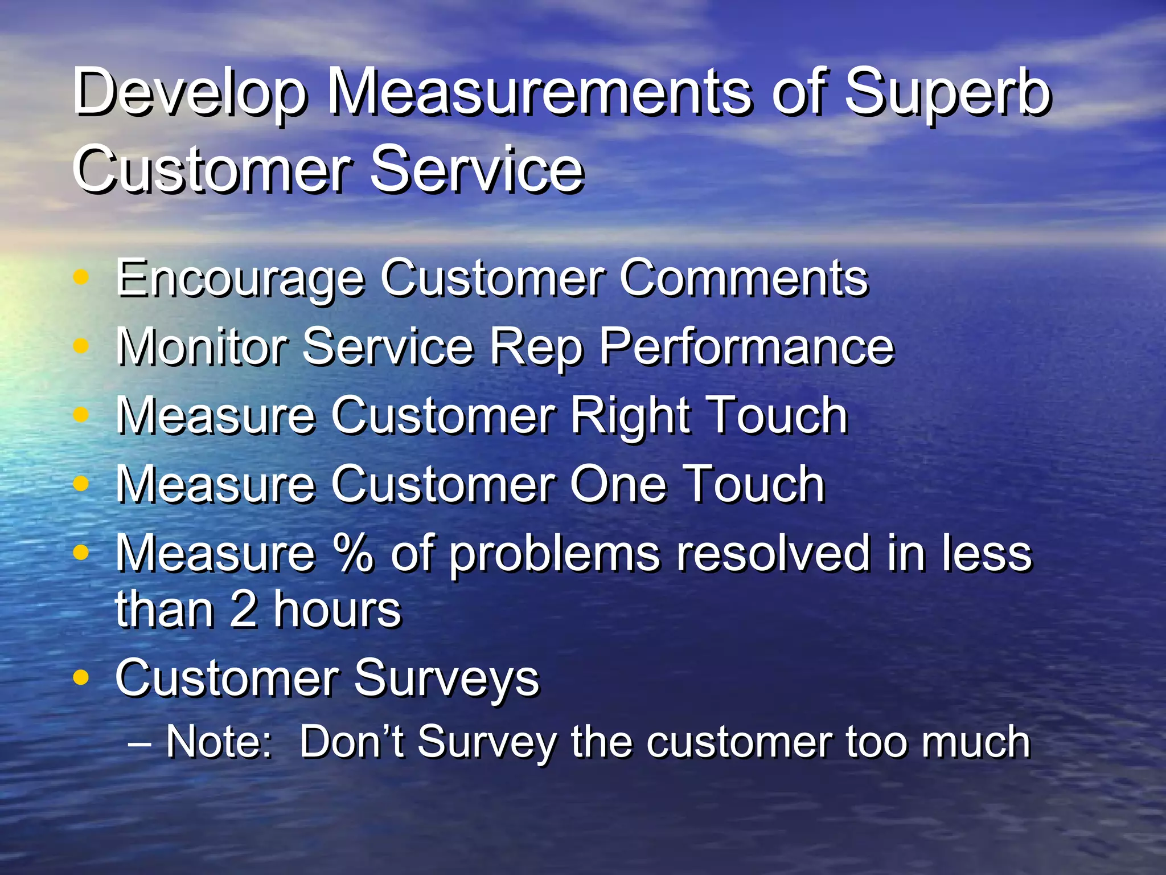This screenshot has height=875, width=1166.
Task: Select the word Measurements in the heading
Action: pyautogui.click(x=539, y=91)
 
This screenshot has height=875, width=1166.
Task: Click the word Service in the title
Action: pyautogui.click(x=477, y=169)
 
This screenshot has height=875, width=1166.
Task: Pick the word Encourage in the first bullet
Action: pyautogui.click(x=239, y=279)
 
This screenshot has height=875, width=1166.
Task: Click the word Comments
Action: pyautogui.click(x=744, y=279)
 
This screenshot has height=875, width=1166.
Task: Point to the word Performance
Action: pyautogui.click(x=746, y=347)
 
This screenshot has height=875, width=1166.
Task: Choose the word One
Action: pyautogui.click(x=618, y=484)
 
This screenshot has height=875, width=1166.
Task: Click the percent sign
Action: pyautogui.click(x=353, y=553)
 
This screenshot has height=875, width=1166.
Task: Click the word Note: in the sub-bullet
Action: pyautogui.click(x=219, y=742)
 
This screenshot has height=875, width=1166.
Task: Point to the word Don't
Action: pyautogui.click(x=351, y=742)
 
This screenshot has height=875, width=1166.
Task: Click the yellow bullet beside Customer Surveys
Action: pyautogui.click(x=81, y=678)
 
